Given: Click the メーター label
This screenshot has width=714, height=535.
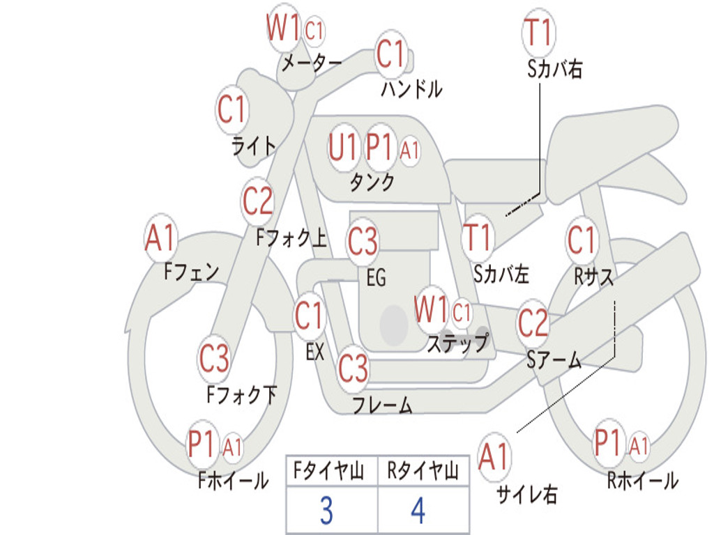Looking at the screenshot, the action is (311, 63).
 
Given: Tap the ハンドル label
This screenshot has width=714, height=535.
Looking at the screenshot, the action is (411, 88).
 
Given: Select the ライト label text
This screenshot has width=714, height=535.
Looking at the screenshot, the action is (254, 146).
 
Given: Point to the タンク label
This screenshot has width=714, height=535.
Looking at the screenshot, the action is (372, 183).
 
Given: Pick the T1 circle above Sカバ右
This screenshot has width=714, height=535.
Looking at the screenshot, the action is (538, 32).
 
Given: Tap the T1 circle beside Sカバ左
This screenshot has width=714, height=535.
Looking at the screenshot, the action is (478, 237).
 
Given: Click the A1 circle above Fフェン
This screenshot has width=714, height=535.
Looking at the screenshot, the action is (161, 238).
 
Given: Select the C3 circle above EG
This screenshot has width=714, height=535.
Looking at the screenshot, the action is (363, 242).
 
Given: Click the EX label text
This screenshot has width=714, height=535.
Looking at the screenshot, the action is (315, 352).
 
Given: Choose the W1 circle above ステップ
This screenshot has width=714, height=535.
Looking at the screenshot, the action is (431, 309).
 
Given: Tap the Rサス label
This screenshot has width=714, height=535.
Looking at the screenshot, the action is (594, 277).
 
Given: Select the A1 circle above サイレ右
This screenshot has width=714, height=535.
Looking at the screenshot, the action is (494, 457).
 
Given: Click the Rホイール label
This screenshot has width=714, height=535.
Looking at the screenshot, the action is (642, 481).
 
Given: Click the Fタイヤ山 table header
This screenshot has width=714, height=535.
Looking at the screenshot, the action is (331, 472).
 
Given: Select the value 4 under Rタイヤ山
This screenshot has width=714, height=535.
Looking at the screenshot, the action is (418, 511).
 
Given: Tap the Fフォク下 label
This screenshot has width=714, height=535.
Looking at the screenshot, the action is (241, 395).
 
